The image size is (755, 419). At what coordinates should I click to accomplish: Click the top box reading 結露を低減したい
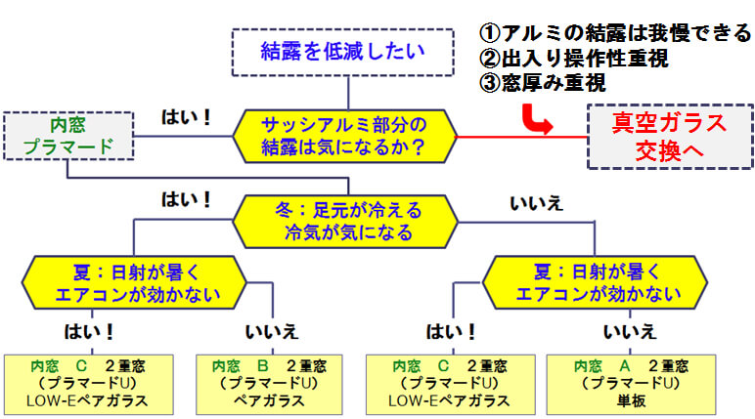point(343,52)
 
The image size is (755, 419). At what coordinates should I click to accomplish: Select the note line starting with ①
point(615,33)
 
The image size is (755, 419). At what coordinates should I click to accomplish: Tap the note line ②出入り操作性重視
point(574,59)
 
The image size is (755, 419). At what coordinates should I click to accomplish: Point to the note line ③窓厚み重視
point(543,83)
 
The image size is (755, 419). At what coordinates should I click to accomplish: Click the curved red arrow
point(535,120)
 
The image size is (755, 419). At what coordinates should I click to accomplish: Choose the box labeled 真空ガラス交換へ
point(670,137)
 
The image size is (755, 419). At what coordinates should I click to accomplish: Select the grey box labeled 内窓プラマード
point(68,136)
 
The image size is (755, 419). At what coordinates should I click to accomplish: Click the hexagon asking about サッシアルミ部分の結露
point(345,136)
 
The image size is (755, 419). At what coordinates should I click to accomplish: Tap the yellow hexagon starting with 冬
point(345,222)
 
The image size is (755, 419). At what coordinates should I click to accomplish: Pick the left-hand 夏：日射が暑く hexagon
point(134,282)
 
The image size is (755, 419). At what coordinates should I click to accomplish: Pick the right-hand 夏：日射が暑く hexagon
point(595,282)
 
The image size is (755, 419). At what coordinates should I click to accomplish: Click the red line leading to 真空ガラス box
point(522,137)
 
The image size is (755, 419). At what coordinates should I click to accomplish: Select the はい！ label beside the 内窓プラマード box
point(186,117)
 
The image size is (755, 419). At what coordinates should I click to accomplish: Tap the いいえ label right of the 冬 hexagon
point(536,203)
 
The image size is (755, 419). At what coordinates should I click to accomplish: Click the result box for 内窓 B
point(269,385)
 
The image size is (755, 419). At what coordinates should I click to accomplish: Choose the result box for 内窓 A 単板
point(631,385)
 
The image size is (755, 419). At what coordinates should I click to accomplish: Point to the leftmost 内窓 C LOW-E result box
point(89,385)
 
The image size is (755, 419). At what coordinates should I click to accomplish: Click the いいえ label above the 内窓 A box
point(630,332)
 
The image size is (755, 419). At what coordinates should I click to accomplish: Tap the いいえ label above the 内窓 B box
point(272,332)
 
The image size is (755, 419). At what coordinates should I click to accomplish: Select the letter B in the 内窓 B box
point(263,366)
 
